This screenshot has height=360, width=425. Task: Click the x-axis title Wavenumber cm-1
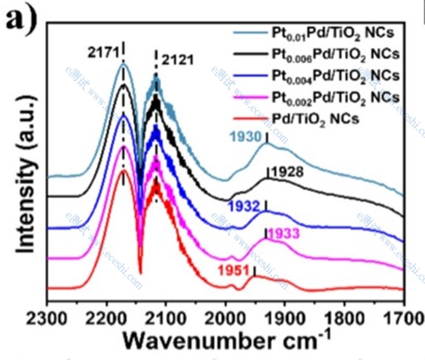(x=226, y=342)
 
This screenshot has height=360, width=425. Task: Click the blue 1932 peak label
(x=244, y=206)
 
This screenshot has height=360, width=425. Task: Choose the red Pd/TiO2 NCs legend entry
(x=317, y=118)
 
